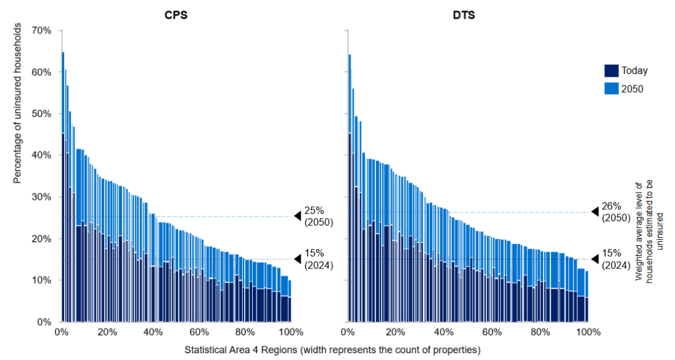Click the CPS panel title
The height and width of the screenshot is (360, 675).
coord(176,15)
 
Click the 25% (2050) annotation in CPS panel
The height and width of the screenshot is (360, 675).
coord(314,216)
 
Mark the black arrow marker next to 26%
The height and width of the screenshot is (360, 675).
coord(595,212)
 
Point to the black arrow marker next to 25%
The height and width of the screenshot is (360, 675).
coord(298,216)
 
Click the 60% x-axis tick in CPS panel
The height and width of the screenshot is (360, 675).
coord(199,332)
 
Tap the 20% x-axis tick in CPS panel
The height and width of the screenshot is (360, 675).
coord(107,332)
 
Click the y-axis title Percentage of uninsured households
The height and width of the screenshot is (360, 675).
coord(18,103)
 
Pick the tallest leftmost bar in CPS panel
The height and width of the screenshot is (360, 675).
coord(63,187)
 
